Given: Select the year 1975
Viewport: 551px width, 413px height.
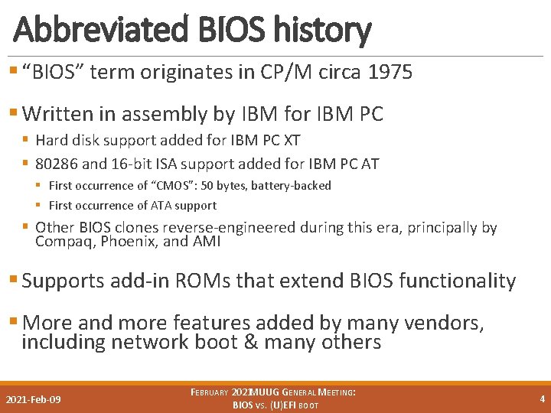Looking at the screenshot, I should (x=390, y=73).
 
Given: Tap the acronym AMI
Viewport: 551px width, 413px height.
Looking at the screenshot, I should (x=206, y=242).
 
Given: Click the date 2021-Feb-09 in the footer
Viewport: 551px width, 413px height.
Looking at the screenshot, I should (x=34, y=399).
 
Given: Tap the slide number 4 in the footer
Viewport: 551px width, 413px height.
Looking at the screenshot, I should (x=542, y=398).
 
